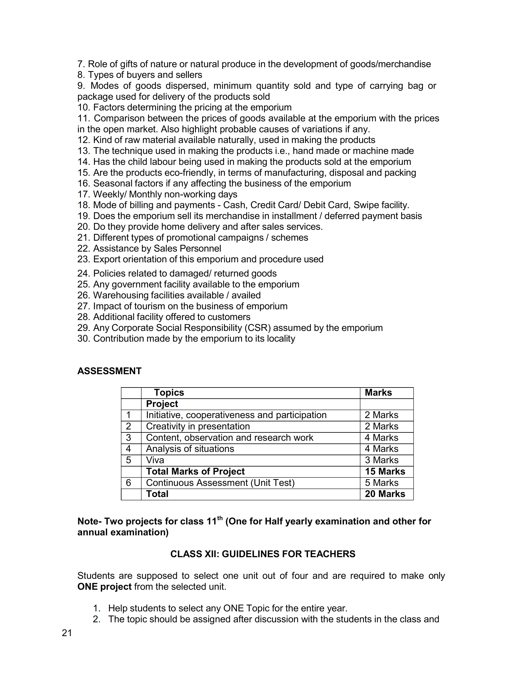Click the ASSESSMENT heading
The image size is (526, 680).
pos(109,371)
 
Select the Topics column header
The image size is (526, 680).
pos(169,393)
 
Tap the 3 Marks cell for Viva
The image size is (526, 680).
pos(381,460)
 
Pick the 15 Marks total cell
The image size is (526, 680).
pos(385,471)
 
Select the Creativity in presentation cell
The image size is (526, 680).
pos(198,426)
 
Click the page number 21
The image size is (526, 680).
pos(67,633)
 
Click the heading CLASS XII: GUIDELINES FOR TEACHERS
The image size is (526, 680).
pos(263,554)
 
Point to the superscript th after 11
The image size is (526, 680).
pos(220,518)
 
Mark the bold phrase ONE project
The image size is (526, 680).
pos(104,587)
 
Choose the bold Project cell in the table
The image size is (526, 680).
pos(162,404)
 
